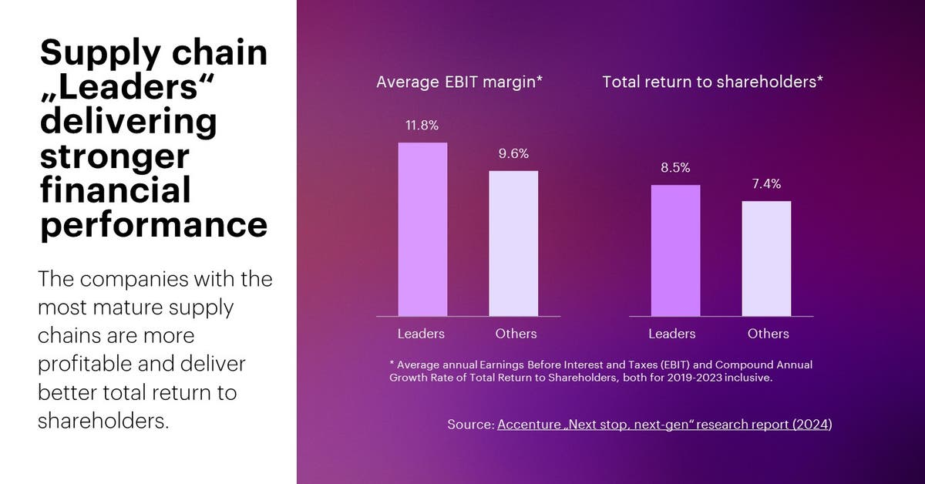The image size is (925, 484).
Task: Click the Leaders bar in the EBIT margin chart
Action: coord(422,229)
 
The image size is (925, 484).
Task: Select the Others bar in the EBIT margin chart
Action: coord(513,243)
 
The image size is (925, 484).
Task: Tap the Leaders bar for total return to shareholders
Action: coord(675,250)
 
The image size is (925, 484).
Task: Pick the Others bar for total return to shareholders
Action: coord(766,258)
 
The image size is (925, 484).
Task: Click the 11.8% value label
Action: coord(422,126)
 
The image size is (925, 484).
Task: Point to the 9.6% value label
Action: coord(513,153)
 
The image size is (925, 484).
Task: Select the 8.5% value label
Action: coord(674,167)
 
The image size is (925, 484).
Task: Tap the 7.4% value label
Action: coord(766,183)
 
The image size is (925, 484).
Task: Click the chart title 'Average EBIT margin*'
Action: coord(460,82)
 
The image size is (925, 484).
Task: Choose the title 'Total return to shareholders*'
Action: coord(713,82)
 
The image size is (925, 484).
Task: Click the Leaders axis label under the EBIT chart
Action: coord(421,334)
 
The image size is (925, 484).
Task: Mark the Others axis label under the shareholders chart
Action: coord(768,334)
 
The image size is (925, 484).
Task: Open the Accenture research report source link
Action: coord(664,425)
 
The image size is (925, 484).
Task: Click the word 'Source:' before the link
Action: coord(470,425)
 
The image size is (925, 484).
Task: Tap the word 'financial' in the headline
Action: coord(116,190)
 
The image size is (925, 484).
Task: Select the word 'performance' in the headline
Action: coord(154,225)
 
